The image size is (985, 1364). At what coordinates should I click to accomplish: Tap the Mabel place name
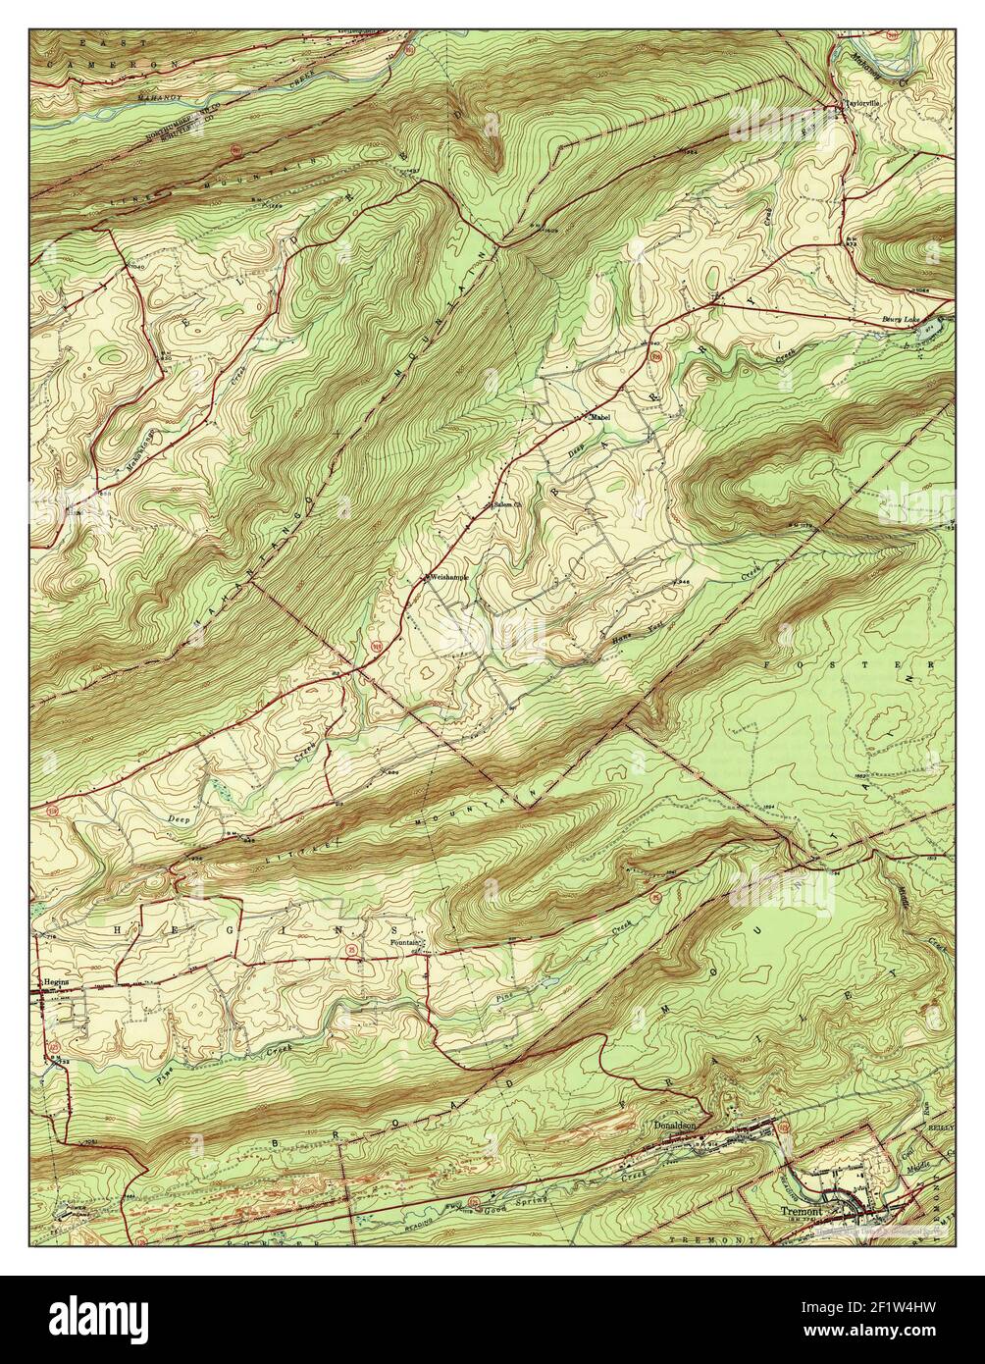pos(599,418)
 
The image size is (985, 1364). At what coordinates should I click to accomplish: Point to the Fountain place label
pos(405,943)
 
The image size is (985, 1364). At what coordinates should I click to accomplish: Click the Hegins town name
pos(53,980)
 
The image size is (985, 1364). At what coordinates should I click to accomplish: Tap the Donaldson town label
pos(674,1126)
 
